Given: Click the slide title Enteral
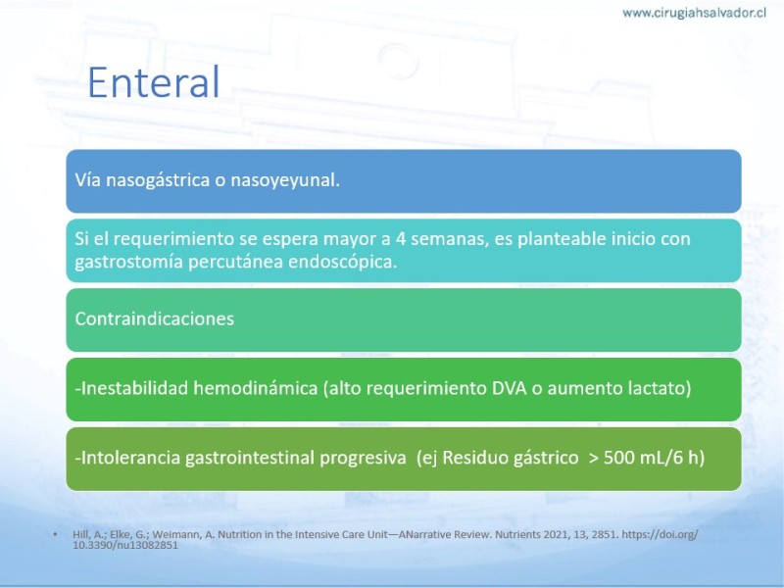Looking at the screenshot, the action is pyautogui.click(x=154, y=82).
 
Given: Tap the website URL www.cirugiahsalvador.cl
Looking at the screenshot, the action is pyautogui.click(x=694, y=13).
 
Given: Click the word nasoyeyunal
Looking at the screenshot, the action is pyautogui.click(x=285, y=180).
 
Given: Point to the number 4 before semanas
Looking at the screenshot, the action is pyautogui.click(x=400, y=238).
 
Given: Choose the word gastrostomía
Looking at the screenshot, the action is pyautogui.click(x=128, y=262).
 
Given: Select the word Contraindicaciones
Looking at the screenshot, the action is pyautogui.click(x=155, y=319).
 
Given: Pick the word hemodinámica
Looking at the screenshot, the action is pyautogui.click(x=256, y=388).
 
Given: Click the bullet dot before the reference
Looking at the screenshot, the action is pyautogui.click(x=55, y=534).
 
